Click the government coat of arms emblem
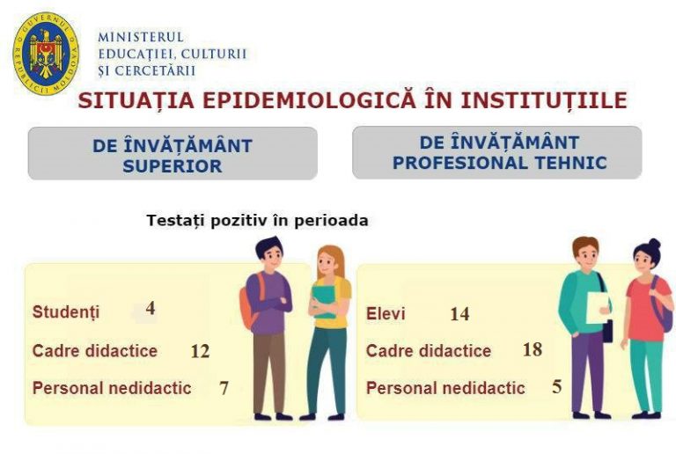coord(46,54)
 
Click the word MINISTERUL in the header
coord(141,37)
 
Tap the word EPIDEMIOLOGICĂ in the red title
coord(309,100)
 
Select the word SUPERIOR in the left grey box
coord(173,165)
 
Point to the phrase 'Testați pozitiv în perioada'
coord(257,221)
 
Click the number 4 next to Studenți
coord(151,308)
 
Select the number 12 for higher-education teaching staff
coord(200,351)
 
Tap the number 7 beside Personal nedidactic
coord(224,388)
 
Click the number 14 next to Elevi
coord(459,314)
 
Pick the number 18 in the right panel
coord(533,350)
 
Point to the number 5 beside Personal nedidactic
coord(557,387)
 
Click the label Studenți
coord(66,311)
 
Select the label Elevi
coord(386,313)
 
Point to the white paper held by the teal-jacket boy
coord(597,308)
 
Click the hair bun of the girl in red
coord(655,244)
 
